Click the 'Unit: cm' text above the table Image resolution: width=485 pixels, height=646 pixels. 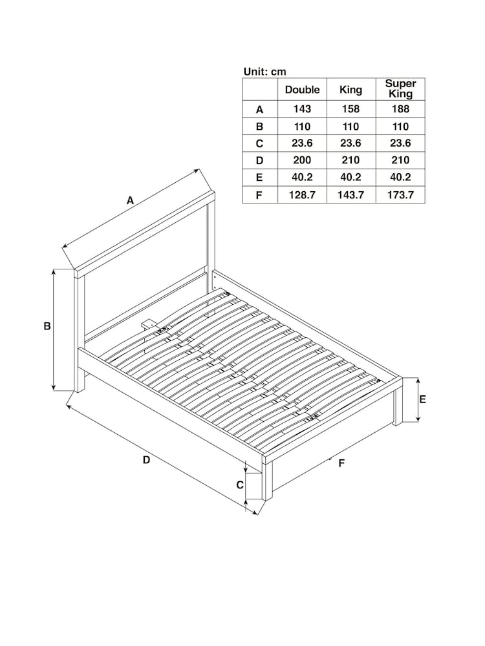[x=264, y=72]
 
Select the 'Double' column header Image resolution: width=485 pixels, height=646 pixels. [x=302, y=90]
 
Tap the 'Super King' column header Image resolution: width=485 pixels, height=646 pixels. [x=400, y=89]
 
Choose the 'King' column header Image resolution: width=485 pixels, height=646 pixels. [x=351, y=90]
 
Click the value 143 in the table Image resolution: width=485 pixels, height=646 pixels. [x=302, y=110]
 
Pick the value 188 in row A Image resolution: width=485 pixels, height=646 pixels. [x=400, y=110]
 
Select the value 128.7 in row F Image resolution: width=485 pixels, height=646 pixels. [x=302, y=194]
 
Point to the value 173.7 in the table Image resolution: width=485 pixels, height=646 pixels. [x=400, y=194]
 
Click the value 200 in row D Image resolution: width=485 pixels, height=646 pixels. [x=302, y=160]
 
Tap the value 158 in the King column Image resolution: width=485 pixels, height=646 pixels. [x=351, y=110]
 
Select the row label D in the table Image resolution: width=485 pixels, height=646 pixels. [x=260, y=160]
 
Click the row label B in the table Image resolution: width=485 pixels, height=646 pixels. [x=260, y=127]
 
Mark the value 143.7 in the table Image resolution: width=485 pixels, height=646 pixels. [x=351, y=194]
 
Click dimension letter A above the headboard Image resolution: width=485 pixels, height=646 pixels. [x=130, y=201]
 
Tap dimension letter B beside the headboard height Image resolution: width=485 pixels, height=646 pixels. [x=47, y=327]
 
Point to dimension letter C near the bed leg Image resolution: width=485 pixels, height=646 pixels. [x=239, y=484]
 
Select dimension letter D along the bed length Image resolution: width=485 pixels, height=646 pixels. [x=146, y=460]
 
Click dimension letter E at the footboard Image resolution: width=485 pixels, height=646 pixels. [x=422, y=399]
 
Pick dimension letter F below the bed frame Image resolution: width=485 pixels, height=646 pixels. [x=341, y=463]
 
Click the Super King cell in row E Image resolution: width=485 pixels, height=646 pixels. [x=400, y=178]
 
